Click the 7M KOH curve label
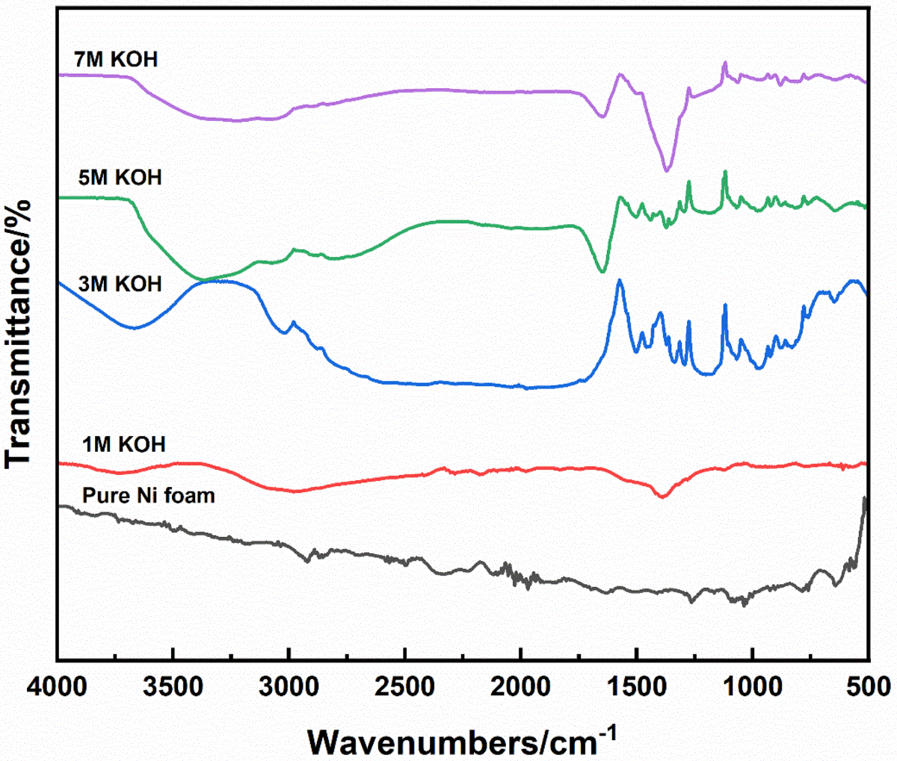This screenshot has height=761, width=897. (x=116, y=59)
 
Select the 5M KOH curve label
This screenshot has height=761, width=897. (x=119, y=178)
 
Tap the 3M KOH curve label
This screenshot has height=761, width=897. (x=119, y=284)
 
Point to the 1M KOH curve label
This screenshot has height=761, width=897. (x=123, y=444)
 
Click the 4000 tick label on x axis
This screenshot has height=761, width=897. (x=57, y=686)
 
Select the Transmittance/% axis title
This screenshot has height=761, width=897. (x=21, y=335)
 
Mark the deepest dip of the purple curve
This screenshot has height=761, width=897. (x=667, y=170)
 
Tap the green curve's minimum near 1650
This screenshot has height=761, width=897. (x=602, y=272)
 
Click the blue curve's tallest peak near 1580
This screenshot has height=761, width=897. (x=619, y=281)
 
